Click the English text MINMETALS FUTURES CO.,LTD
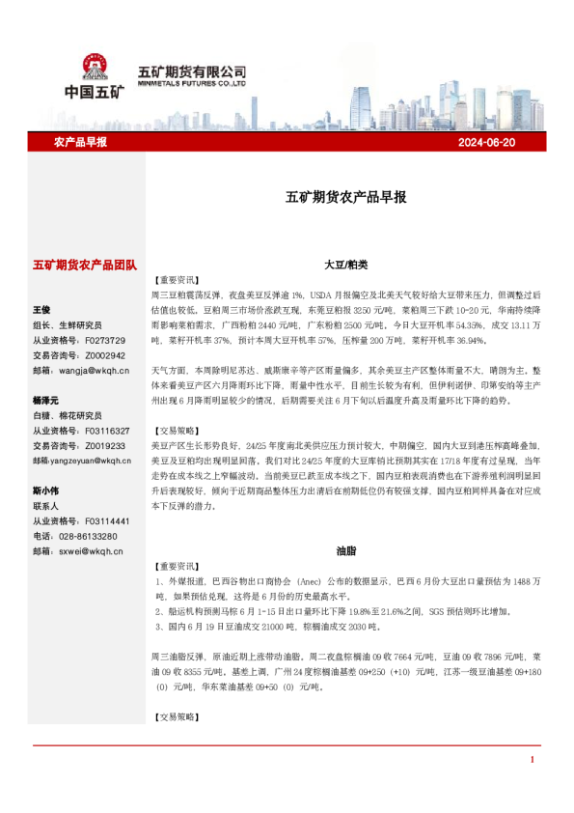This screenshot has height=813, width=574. [x=191, y=84]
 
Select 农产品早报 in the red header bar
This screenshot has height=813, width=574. [x=81, y=142]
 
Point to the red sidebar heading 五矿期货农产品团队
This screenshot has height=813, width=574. [x=85, y=264]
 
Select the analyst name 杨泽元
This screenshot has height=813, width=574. [x=46, y=400]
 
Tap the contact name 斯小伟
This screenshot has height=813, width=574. [x=46, y=490]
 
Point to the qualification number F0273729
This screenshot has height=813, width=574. [x=104, y=340]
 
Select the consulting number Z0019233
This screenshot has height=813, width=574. [x=104, y=445]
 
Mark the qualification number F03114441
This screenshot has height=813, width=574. [x=107, y=520]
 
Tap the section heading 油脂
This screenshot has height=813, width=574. [x=345, y=549]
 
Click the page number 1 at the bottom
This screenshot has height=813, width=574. [x=532, y=760]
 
